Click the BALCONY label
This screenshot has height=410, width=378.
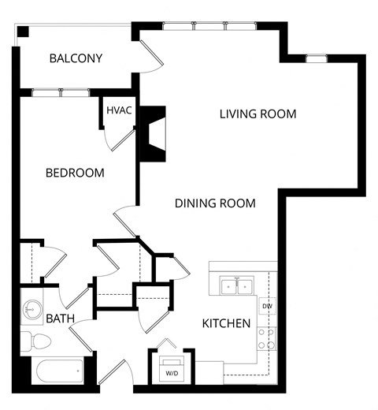(76, 58)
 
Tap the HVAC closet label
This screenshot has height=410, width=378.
(118, 111)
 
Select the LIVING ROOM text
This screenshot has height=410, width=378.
(258, 114)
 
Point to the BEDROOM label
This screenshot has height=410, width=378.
(75, 173)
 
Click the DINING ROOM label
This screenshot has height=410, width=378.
(215, 203)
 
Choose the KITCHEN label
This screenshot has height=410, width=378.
(227, 323)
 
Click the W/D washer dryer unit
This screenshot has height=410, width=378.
(172, 368)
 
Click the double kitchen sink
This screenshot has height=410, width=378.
(237, 285)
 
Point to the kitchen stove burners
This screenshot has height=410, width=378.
(266, 338)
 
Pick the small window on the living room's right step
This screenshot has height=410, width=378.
(316, 58)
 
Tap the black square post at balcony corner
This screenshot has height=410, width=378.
(24, 32)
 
